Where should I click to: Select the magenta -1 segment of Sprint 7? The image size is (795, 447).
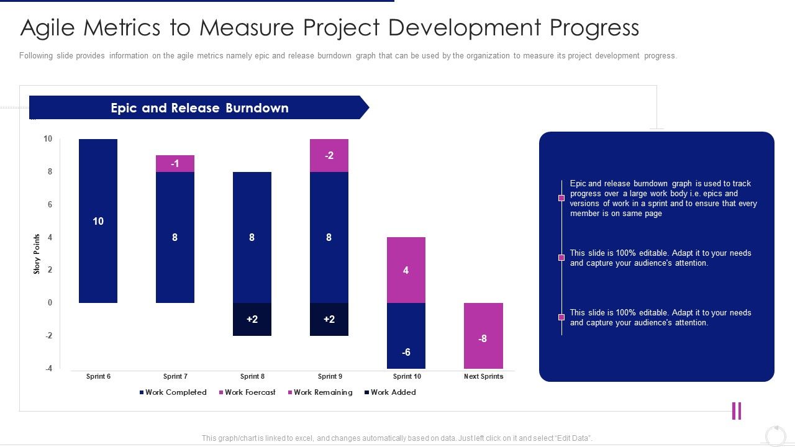(175, 164)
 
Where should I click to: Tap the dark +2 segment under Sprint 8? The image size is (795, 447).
(252, 319)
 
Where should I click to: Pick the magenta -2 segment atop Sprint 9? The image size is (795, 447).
(329, 155)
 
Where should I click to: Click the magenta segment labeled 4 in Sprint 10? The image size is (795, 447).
(406, 270)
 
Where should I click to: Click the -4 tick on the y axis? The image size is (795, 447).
(48, 368)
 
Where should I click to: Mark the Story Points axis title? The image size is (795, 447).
(37, 254)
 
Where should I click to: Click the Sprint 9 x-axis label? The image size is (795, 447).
(330, 376)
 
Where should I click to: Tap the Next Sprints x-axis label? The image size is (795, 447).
(483, 376)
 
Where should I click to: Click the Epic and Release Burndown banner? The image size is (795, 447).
(199, 107)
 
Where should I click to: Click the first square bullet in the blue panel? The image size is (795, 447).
(561, 198)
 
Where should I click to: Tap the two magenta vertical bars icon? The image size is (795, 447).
(737, 411)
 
